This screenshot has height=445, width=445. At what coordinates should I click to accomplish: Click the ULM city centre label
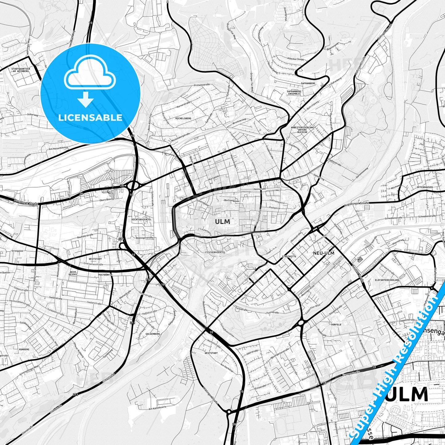pyautogui.click(x=222, y=221)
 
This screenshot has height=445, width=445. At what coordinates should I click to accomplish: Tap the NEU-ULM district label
pyautogui.click(x=323, y=253)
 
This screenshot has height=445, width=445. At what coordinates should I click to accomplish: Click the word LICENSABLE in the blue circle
pyautogui.click(x=90, y=117)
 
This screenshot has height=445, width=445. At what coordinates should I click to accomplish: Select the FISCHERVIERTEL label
pyautogui.click(x=215, y=252)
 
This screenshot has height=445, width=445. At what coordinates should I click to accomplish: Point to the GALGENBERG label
pyautogui.click(x=153, y=334)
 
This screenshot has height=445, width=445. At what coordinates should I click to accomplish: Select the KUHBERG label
pyautogui.click(x=24, y=350)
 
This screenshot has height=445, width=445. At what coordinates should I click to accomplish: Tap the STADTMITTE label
pyautogui.click(x=289, y=256)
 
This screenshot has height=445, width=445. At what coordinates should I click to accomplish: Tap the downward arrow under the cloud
pyautogui.click(x=86, y=100)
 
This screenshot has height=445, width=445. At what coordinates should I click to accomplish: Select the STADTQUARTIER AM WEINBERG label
pyautogui.click(x=20, y=70)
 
